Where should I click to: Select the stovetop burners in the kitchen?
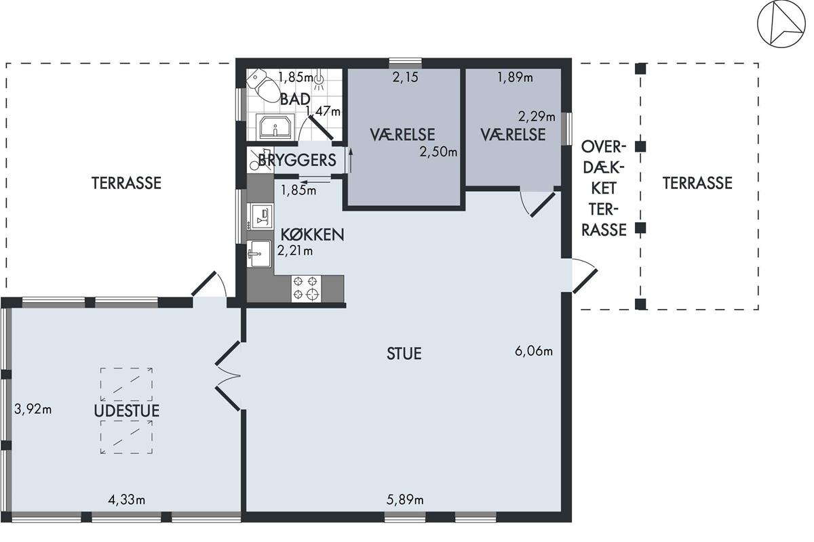(x=306, y=289)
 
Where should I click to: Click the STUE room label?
(x=404, y=354)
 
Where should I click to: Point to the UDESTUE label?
(x=126, y=411)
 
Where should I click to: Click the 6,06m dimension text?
(x=534, y=351)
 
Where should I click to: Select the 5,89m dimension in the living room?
(x=405, y=500)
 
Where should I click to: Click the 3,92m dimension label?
(x=33, y=409)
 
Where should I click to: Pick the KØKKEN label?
(x=313, y=235)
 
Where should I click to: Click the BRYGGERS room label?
(x=297, y=160)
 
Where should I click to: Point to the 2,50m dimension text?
(x=438, y=152)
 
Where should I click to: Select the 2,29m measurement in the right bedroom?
(x=537, y=117)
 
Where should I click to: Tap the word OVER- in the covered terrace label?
(x=604, y=147)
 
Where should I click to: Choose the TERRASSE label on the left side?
(x=126, y=183)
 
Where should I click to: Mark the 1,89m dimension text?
(x=516, y=77)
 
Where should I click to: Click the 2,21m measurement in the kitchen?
(x=294, y=251)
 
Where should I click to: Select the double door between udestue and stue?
(x=228, y=376)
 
